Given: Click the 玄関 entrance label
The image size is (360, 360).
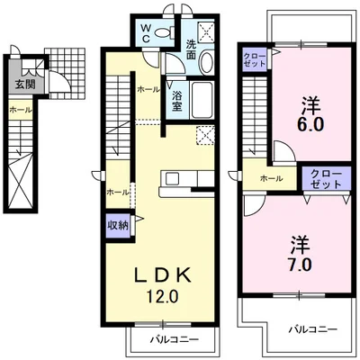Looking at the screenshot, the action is click(x=25, y=85).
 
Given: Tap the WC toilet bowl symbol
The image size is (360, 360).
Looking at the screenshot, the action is click(x=165, y=31).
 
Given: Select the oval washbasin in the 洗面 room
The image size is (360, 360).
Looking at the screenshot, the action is click(x=206, y=62).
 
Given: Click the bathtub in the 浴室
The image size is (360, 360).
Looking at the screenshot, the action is click(x=202, y=100).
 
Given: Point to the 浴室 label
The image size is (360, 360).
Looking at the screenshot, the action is click(x=177, y=102).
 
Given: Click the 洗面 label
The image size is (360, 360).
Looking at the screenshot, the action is click(x=191, y=49).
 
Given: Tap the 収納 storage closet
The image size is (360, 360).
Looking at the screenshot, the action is click(x=118, y=225).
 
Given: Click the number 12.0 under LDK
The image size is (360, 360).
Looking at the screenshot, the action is click(x=162, y=297).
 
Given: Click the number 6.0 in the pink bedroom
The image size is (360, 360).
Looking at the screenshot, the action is click(x=310, y=124).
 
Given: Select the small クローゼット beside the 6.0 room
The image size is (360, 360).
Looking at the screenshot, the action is click(x=255, y=59).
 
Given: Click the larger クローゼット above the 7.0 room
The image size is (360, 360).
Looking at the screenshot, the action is click(x=326, y=178).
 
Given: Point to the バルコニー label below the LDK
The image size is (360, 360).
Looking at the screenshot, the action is click(x=175, y=340).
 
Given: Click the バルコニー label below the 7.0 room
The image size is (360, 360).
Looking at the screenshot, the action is click(x=313, y=329).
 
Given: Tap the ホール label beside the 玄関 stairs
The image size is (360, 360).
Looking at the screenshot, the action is click(x=21, y=110).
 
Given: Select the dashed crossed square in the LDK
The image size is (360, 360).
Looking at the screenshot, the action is click(x=205, y=135).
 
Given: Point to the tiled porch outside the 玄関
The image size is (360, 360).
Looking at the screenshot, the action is click(x=67, y=73).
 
